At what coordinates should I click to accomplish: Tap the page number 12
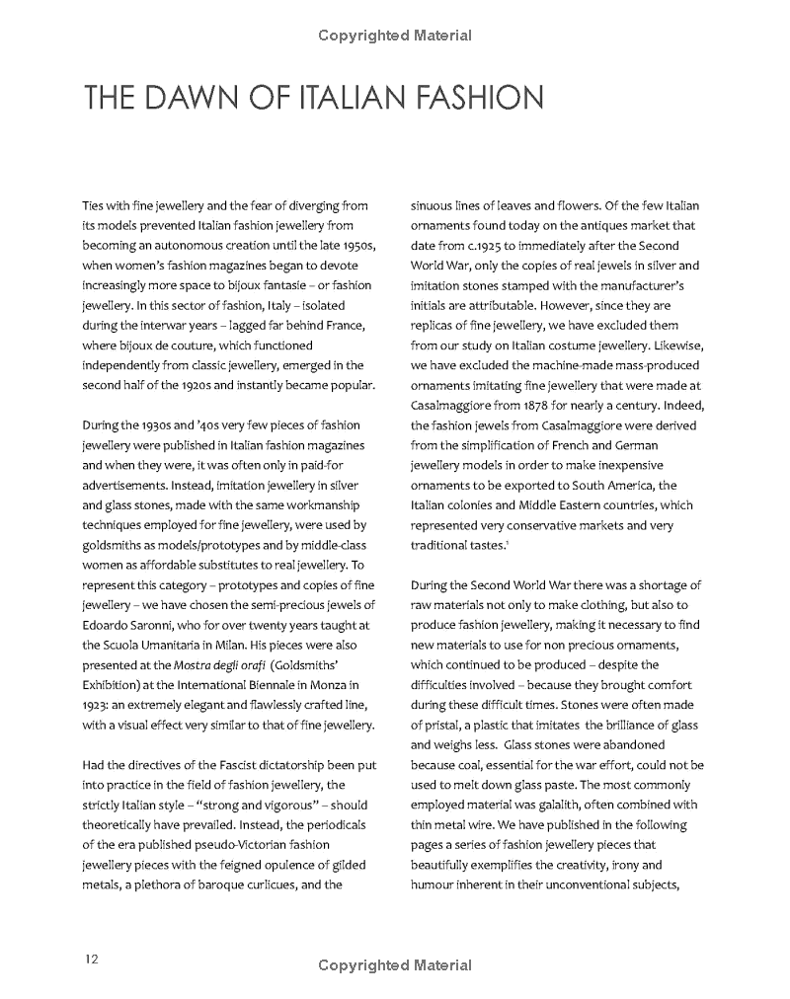point(91,959)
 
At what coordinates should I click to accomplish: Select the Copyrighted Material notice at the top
point(395,37)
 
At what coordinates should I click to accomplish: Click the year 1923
point(98,706)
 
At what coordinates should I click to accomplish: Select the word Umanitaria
point(171,645)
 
